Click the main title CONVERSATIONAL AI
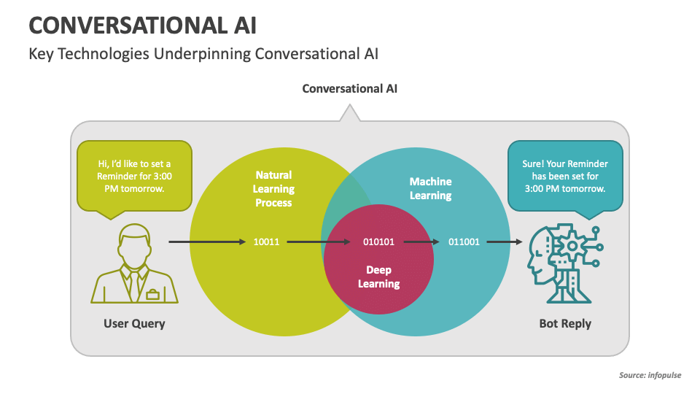point(142,25)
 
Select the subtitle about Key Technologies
point(203,55)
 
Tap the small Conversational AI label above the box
point(350,88)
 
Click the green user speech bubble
point(134,176)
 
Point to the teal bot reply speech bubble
point(565,176)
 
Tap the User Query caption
point(134,323)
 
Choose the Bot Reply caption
point(565,323)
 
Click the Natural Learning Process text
point(273,189)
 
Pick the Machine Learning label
point(430,188)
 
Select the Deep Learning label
point(378,277)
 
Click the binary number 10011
point(266,242)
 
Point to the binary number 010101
point(378,242)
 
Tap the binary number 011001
point(464,242)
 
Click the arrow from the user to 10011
point(207,242)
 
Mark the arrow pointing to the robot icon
point(505,242)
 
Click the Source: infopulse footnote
point(650,376)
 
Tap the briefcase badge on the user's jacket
point(152,294)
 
